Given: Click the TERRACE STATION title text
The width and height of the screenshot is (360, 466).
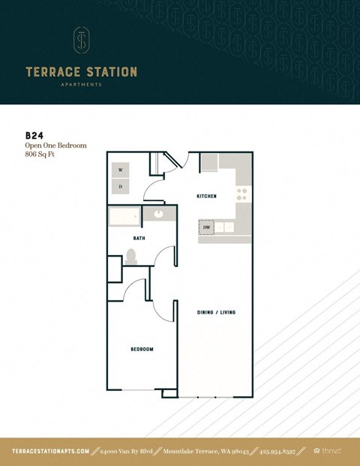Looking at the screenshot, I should click(81, 73).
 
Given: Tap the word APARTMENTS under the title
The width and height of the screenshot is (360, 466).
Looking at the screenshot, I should click(81, 85).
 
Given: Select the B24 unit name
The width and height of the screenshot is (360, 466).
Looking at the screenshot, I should click(34, 136).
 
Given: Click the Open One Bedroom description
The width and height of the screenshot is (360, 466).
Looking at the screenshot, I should click(55, 146).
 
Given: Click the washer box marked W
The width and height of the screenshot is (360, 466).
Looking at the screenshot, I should click(120, 170).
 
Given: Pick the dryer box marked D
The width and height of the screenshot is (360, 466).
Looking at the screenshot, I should click(120, 185).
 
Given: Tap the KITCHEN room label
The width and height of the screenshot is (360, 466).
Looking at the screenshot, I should click(206, 196).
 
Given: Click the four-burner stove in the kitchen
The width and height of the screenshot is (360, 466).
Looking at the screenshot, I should click(242, 196).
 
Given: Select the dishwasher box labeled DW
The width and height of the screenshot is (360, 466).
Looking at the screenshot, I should click(206, 227).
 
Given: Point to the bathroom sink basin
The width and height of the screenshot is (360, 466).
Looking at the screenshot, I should click(159, 215).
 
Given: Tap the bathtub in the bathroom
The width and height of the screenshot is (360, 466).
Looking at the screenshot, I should click(124, 217).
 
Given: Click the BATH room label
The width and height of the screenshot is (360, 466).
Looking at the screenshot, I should click(139, 238).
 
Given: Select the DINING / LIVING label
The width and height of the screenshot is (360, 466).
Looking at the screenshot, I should click(217, 311).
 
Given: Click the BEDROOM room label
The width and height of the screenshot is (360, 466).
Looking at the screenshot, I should click(142, 349).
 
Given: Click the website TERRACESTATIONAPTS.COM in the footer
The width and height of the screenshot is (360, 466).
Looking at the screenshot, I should click(51, 451).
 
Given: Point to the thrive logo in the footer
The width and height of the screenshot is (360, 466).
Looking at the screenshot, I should click(327, 451).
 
